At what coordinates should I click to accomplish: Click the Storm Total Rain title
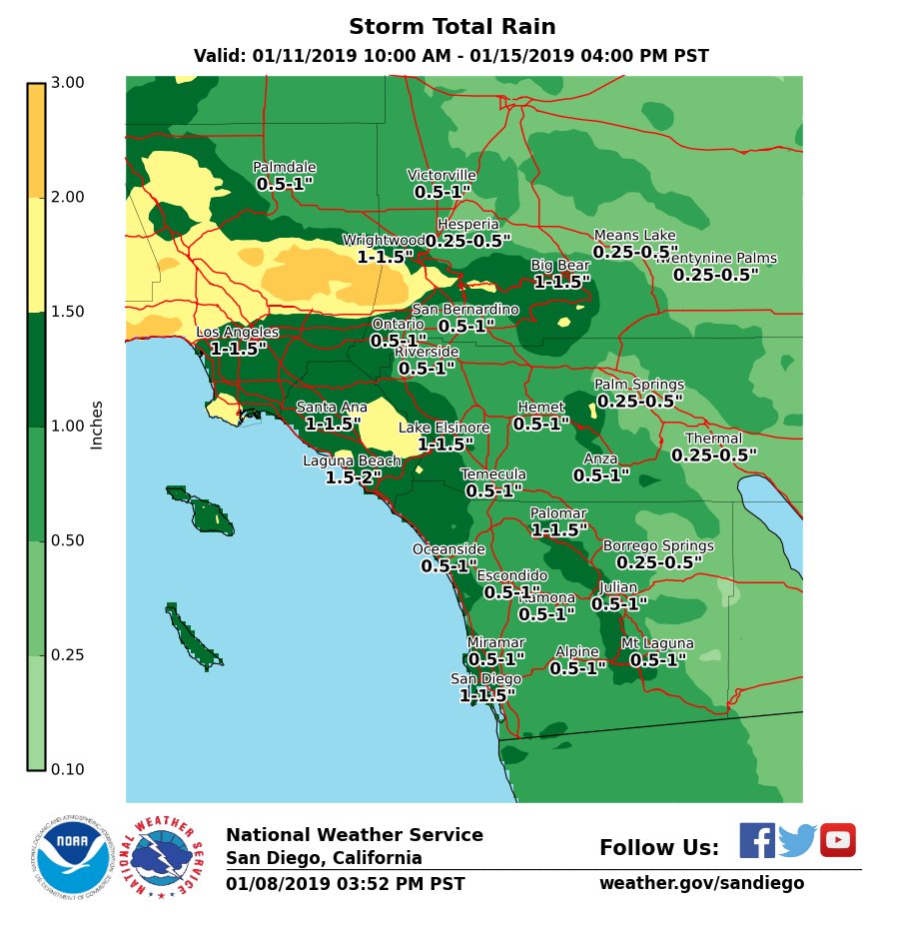pos(451,27)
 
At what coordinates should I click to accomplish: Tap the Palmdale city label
pos(285,168)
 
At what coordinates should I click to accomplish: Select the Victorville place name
pos(442,176)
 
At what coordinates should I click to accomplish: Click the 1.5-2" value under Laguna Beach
pos(354,477)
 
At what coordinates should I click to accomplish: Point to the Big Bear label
pos(559,266)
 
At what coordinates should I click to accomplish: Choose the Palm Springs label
pos(639,385)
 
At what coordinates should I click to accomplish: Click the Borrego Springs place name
pos(658,546)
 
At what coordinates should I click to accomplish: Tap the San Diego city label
pos(486,679)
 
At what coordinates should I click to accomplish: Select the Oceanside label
pos(449,549)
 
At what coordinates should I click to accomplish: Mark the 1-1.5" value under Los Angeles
pos(239,349)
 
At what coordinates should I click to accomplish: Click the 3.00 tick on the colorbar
pos(67,82)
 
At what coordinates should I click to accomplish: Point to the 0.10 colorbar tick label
pos(67,769)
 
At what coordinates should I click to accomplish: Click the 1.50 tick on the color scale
pos(67,312)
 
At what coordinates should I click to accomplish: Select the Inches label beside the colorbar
pos(97,425)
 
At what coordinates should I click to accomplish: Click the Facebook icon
pos(756,840)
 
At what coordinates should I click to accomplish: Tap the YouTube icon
pos(838,840)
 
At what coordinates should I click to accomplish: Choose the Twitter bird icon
pos(797,841)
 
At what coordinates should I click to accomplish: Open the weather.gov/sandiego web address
pos(701,883)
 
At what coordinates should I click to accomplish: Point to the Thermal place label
pos(713,439)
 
